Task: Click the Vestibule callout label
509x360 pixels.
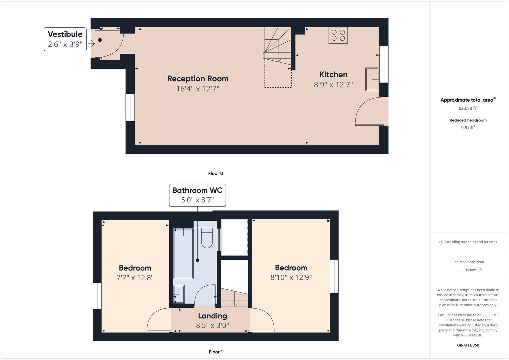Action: tap(65, 39)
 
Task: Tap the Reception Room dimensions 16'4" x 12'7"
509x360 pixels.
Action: tap(198, 89)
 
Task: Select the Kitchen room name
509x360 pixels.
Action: tap(333, 75)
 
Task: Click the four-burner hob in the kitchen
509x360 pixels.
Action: tap(338, 35)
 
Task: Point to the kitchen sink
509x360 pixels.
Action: tap(372, 79)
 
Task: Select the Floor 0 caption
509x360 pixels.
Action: tap(215, 173)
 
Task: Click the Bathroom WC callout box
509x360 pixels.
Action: tap(197, 195)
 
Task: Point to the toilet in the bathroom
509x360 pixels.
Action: tap(207, 238)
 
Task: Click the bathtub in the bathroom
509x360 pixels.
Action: tap(183, 253)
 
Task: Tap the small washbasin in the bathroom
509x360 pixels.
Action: tap(179, 294)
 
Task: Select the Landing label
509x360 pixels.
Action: tap(212, 316)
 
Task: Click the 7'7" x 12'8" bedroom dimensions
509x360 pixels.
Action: tap(135, 278)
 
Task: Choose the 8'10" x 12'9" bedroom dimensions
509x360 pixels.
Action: tap(291, 277)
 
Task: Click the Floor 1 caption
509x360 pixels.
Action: tap(215, 352)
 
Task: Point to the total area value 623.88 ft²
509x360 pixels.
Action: tap(468, 108)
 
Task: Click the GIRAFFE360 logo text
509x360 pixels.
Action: tap(468, 345)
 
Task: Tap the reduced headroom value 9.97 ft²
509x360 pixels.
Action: tap(468, 127)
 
